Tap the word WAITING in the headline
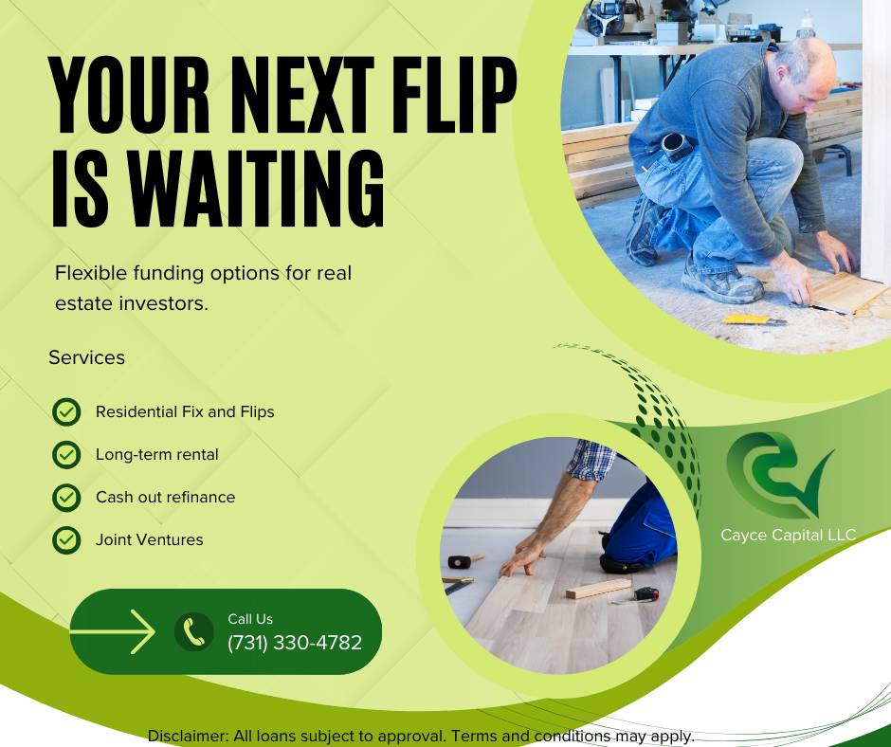click(256, 188)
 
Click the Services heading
click(86, 357)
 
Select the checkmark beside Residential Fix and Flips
click(66, 411)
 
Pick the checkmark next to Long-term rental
click(66, 455)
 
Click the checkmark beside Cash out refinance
click(66, 498)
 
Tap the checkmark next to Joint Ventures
click(66, 540)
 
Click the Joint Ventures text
click(150, 539)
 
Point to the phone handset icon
click(193, 631)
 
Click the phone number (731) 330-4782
click(295, 643)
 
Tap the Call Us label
click(250, 619)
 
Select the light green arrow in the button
click(113, 631)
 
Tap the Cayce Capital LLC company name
click(788, 535)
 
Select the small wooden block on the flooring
click(598, 589)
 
